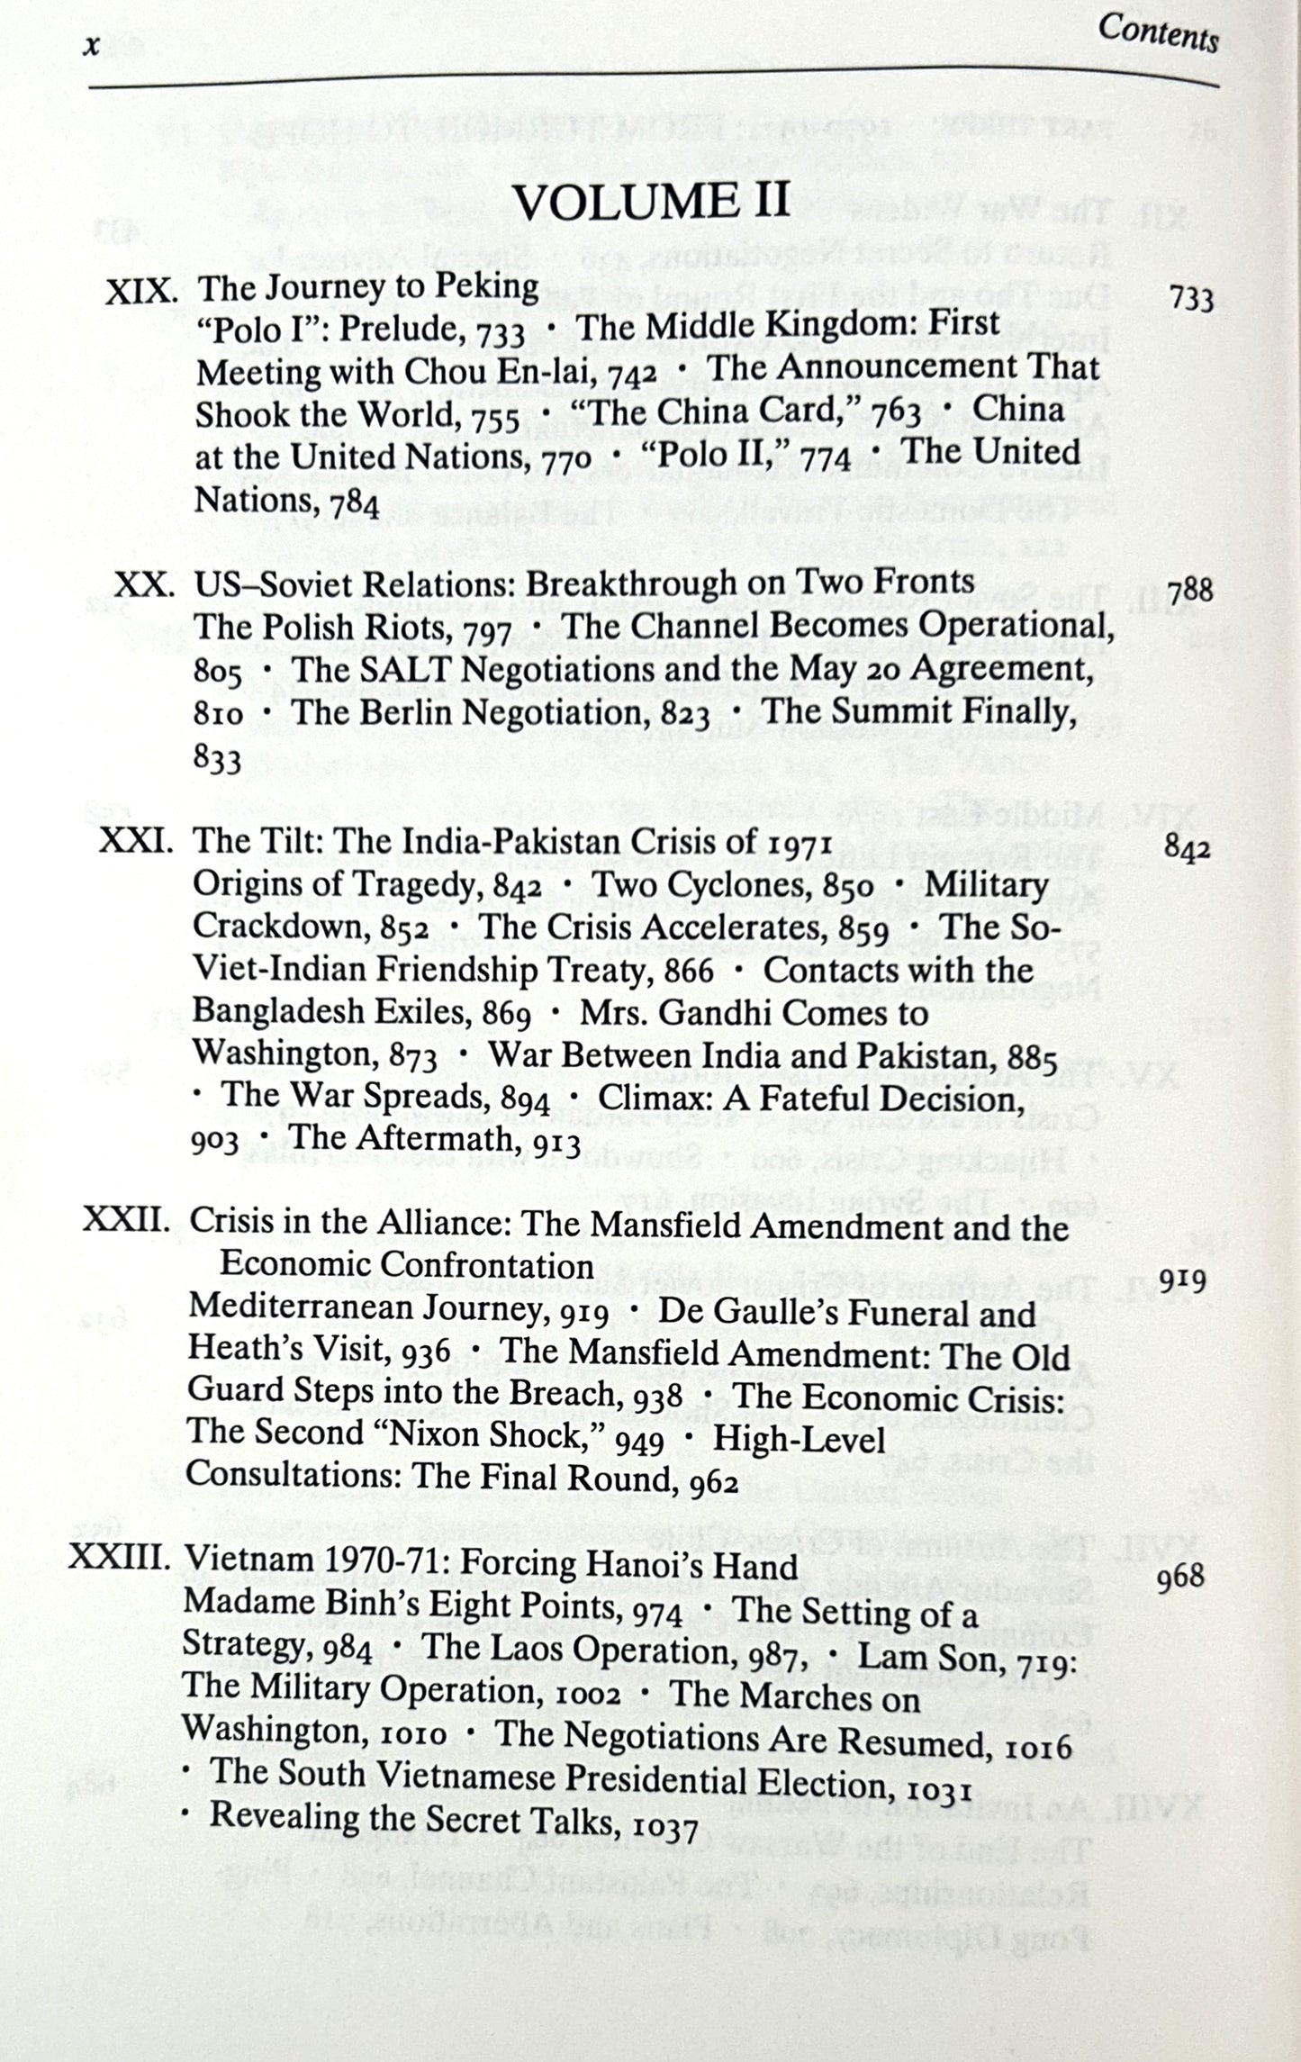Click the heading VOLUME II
(651, 202)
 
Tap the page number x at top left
(90, 47)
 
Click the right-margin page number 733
(1190, 298)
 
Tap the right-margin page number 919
(1182, 1280)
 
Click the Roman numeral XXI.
(135, 841)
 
